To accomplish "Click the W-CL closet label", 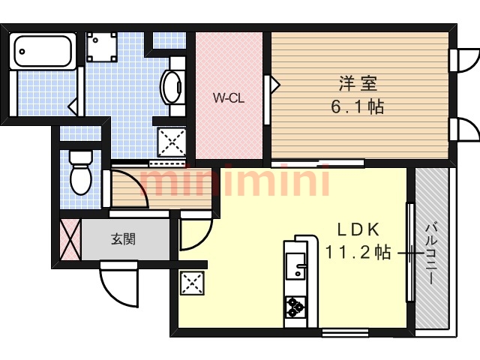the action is [229, 98].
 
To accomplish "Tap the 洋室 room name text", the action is [358, 83].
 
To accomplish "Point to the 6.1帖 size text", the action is [358, 107].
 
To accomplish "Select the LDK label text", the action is [358, 229].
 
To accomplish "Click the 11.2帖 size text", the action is [358, 253].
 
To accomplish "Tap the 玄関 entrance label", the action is [123, 239].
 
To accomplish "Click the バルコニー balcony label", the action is [432, 254].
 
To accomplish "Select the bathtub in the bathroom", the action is [43, 51].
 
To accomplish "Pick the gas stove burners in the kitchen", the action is [295, 307].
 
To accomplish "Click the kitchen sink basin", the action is [295, 266].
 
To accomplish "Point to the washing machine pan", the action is [102, 46].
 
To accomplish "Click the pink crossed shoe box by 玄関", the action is [70, 239].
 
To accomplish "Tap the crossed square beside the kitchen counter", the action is [192, 283].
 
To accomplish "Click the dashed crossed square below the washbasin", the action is [172, 142].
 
